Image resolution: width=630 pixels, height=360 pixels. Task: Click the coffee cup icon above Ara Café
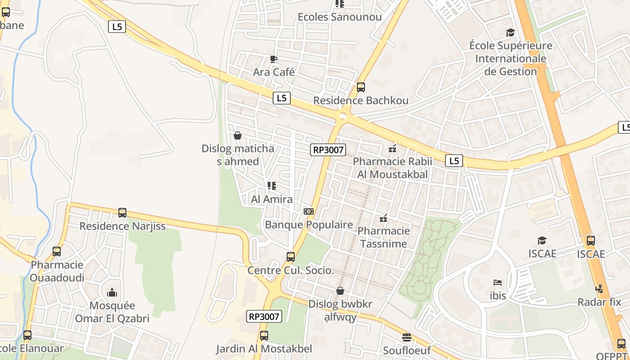pos(273,59)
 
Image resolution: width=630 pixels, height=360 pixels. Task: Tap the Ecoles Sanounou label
pos(340,17)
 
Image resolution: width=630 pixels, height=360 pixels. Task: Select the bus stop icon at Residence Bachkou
pos(360,87)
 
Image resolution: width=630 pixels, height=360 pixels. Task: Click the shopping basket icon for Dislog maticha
pos(238,135)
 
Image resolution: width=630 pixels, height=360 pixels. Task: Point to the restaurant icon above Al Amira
pos(271,185)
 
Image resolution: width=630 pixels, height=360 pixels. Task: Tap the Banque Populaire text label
pos(309,225)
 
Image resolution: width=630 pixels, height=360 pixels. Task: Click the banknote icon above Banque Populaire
pos(309,211)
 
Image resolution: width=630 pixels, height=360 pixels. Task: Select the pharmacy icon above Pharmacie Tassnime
pos(383,219)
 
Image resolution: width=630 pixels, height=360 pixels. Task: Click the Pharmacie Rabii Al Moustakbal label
pos(392,168)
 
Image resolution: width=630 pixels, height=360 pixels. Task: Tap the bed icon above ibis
pos(498,283)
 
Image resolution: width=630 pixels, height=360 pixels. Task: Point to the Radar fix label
pos(599,302)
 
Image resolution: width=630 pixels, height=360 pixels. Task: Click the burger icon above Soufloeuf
pos(407,337)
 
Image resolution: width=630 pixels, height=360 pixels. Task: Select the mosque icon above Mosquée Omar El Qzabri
pos(112,293)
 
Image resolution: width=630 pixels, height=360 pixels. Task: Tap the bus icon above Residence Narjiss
pos(122,213)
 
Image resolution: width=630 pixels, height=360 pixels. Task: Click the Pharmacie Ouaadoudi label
pos(57,271)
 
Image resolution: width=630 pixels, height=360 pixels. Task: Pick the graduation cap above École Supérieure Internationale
pos(510,33)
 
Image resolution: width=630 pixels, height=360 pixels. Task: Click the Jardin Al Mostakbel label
pos(264,349)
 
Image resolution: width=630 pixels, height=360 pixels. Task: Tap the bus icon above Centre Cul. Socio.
pos(291,257)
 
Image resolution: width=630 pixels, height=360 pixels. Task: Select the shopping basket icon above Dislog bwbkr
pos(340,291)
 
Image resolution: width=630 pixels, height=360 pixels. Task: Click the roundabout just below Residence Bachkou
pos(343,116)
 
